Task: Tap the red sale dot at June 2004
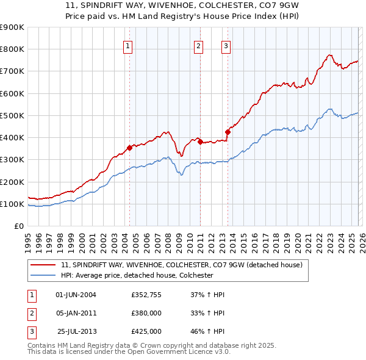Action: pyautogui.click(x=129, y=148)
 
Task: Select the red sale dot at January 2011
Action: pyautogui.click(x=200, y=142)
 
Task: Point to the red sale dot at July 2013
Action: pyautogui.click(x=228, y=132)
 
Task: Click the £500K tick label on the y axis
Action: pyautogui.click(x=12, y=115)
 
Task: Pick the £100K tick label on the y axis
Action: pyautogui.click(x=12, y=204)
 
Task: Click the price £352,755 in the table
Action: pyautogui.click(x=146, y=295)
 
